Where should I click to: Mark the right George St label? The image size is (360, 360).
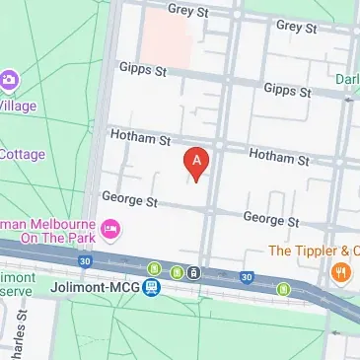[270, 219]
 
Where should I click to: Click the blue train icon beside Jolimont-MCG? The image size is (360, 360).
[151, 288]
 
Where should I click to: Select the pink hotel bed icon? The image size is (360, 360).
[111, 230]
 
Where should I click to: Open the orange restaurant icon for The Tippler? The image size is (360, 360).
[340, 273]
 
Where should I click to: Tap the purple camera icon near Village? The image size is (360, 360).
[10, 78]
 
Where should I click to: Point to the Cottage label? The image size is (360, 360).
[22, 153]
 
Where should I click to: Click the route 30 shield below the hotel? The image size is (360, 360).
[86, 261]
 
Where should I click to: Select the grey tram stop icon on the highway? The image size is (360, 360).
[195, 273]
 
